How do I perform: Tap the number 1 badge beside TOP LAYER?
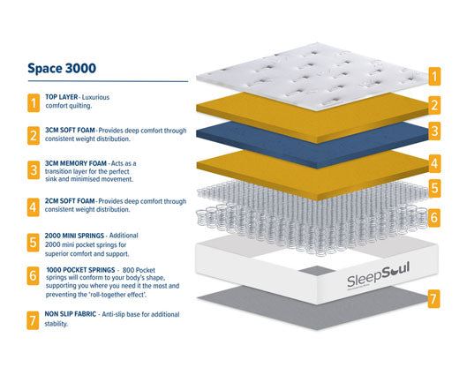(32, 104)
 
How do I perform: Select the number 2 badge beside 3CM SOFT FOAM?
(32, 137)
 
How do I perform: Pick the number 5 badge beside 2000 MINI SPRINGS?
(32, 241)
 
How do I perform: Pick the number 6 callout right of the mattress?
(434, 215)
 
